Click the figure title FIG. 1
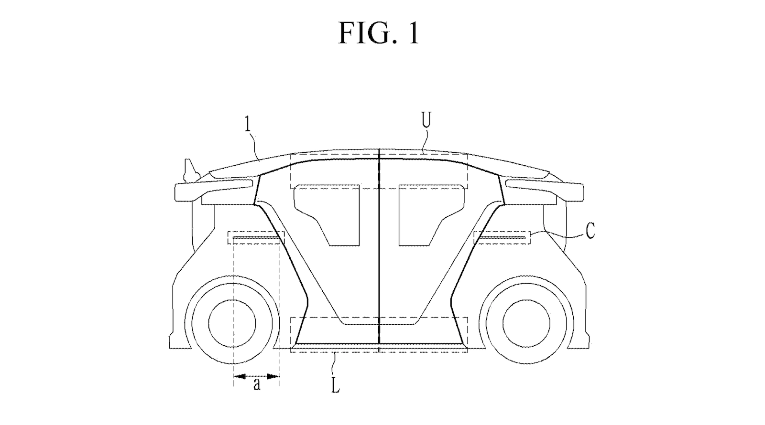point(379,32)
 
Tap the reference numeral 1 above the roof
point(247,124)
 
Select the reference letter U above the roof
point(426,121)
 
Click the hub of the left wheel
point(232,323)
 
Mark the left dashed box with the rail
point(256,237)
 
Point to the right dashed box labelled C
point(502,237)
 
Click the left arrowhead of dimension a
point(237,376)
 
